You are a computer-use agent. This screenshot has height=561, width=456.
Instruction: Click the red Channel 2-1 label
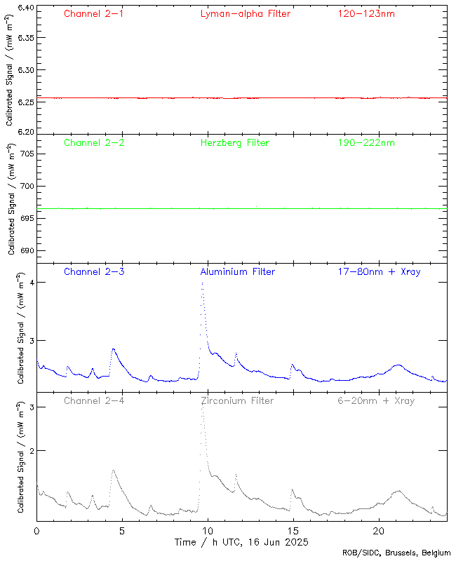point(94,13)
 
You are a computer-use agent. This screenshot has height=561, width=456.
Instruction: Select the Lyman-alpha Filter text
point(245,13)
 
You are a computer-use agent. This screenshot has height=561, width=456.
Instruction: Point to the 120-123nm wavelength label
point(366,13)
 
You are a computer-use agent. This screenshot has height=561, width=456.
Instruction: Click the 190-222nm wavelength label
point(366,142)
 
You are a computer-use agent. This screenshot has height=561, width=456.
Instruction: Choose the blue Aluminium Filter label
point(238,271)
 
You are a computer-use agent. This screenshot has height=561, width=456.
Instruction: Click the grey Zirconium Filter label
point(237,400)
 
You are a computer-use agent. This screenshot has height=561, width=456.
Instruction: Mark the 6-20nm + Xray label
point(375,400)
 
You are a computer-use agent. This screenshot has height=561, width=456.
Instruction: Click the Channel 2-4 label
point(94,400)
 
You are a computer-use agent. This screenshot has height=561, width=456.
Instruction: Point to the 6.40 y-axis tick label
point(25,8)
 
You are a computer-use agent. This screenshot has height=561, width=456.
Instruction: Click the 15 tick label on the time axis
point(293,531)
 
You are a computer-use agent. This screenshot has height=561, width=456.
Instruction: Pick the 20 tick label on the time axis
point(378,531)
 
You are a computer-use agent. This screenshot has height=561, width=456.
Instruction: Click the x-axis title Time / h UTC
point(241,542)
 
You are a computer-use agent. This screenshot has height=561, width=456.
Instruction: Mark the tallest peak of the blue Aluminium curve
point(202,283)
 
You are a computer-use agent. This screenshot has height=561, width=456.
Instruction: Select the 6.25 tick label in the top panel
point(25,102)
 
